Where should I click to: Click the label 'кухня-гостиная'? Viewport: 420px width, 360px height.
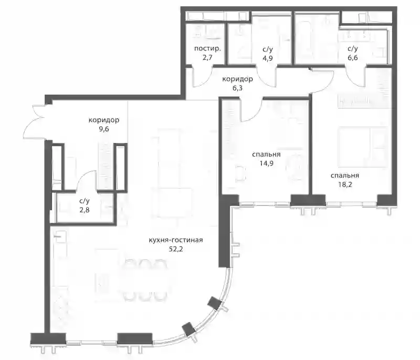pos(176,240)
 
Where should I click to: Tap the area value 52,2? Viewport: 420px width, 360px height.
pos(176,249)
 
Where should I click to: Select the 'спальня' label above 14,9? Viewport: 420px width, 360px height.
pos(266,155)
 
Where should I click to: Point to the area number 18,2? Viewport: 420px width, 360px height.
pos(345,184)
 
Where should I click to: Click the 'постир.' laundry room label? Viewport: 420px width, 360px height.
pos(207,48)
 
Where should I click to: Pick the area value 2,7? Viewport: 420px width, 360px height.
pos(207,57)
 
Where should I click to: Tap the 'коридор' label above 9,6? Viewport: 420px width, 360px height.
pos(104,120)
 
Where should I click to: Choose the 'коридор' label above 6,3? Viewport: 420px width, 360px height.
pos(238,79)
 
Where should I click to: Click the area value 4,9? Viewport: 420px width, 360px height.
pos(268,58)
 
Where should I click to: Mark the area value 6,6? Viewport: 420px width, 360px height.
pos(353,58)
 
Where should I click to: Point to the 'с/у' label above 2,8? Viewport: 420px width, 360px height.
pos(85,201)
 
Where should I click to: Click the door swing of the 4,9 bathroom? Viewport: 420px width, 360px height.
pos(267,76)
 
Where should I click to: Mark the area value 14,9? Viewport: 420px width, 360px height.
pos(266,163)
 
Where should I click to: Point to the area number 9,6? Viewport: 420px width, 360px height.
pos(104,129)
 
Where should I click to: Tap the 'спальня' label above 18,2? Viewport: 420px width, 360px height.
pos(345,176)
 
